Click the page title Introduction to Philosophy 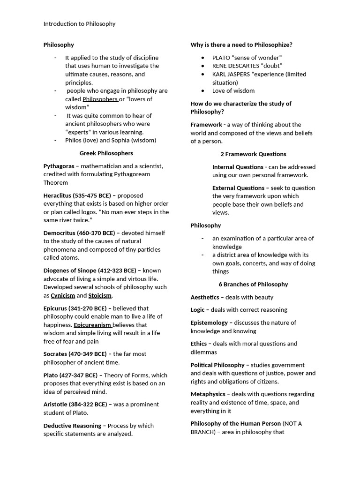point(79,24)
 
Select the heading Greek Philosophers point(106,153)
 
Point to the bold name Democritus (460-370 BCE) point(79,233)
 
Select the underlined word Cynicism point(63,295)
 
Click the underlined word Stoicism point(100,295)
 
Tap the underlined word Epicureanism point(92,325)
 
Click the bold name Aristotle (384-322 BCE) point(75,405)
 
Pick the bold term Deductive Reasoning point(72,426)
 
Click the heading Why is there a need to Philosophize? point(241,45)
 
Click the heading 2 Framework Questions point(253,154)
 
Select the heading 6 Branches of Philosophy point(253,284)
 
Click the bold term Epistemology point(209,322)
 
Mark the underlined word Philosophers point(100,99)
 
